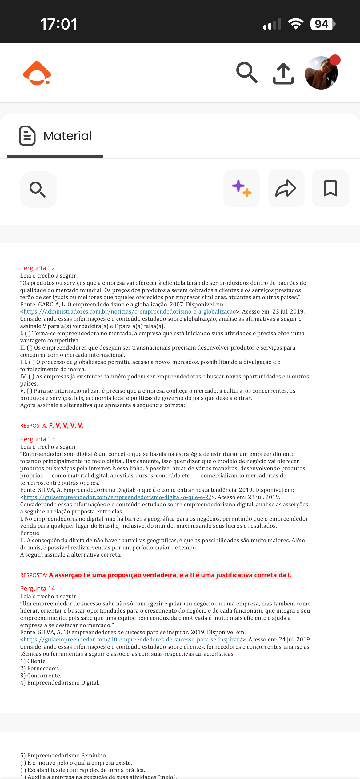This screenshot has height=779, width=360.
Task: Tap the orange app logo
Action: coord(37,73)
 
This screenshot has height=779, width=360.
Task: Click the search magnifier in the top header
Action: coord(247,73)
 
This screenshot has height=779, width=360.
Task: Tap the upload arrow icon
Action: coord(283,74)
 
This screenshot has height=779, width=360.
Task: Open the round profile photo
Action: coord(321,73)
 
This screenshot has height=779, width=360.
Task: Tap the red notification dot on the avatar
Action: coord(335,60)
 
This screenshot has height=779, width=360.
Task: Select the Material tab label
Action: coord(67,136)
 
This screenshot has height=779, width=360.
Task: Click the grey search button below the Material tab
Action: coord(38,190)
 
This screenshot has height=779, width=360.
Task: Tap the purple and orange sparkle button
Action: coord(242,188)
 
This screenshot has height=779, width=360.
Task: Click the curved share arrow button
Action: coord(286,188)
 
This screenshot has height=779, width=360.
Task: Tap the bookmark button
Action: coord(330,188)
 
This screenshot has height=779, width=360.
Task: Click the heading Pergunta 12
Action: coord(38,268)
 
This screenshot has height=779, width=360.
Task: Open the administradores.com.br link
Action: coord(130,312)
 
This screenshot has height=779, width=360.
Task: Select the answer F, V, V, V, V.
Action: coord(66,425)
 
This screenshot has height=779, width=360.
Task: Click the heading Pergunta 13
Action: coord(38,439)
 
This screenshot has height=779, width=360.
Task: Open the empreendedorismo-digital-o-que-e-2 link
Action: coord(117,497)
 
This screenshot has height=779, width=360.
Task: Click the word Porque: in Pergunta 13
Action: coord(30,533)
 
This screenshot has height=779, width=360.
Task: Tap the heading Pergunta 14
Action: coord(38,589)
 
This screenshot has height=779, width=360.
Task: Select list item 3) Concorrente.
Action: coord(41,676)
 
